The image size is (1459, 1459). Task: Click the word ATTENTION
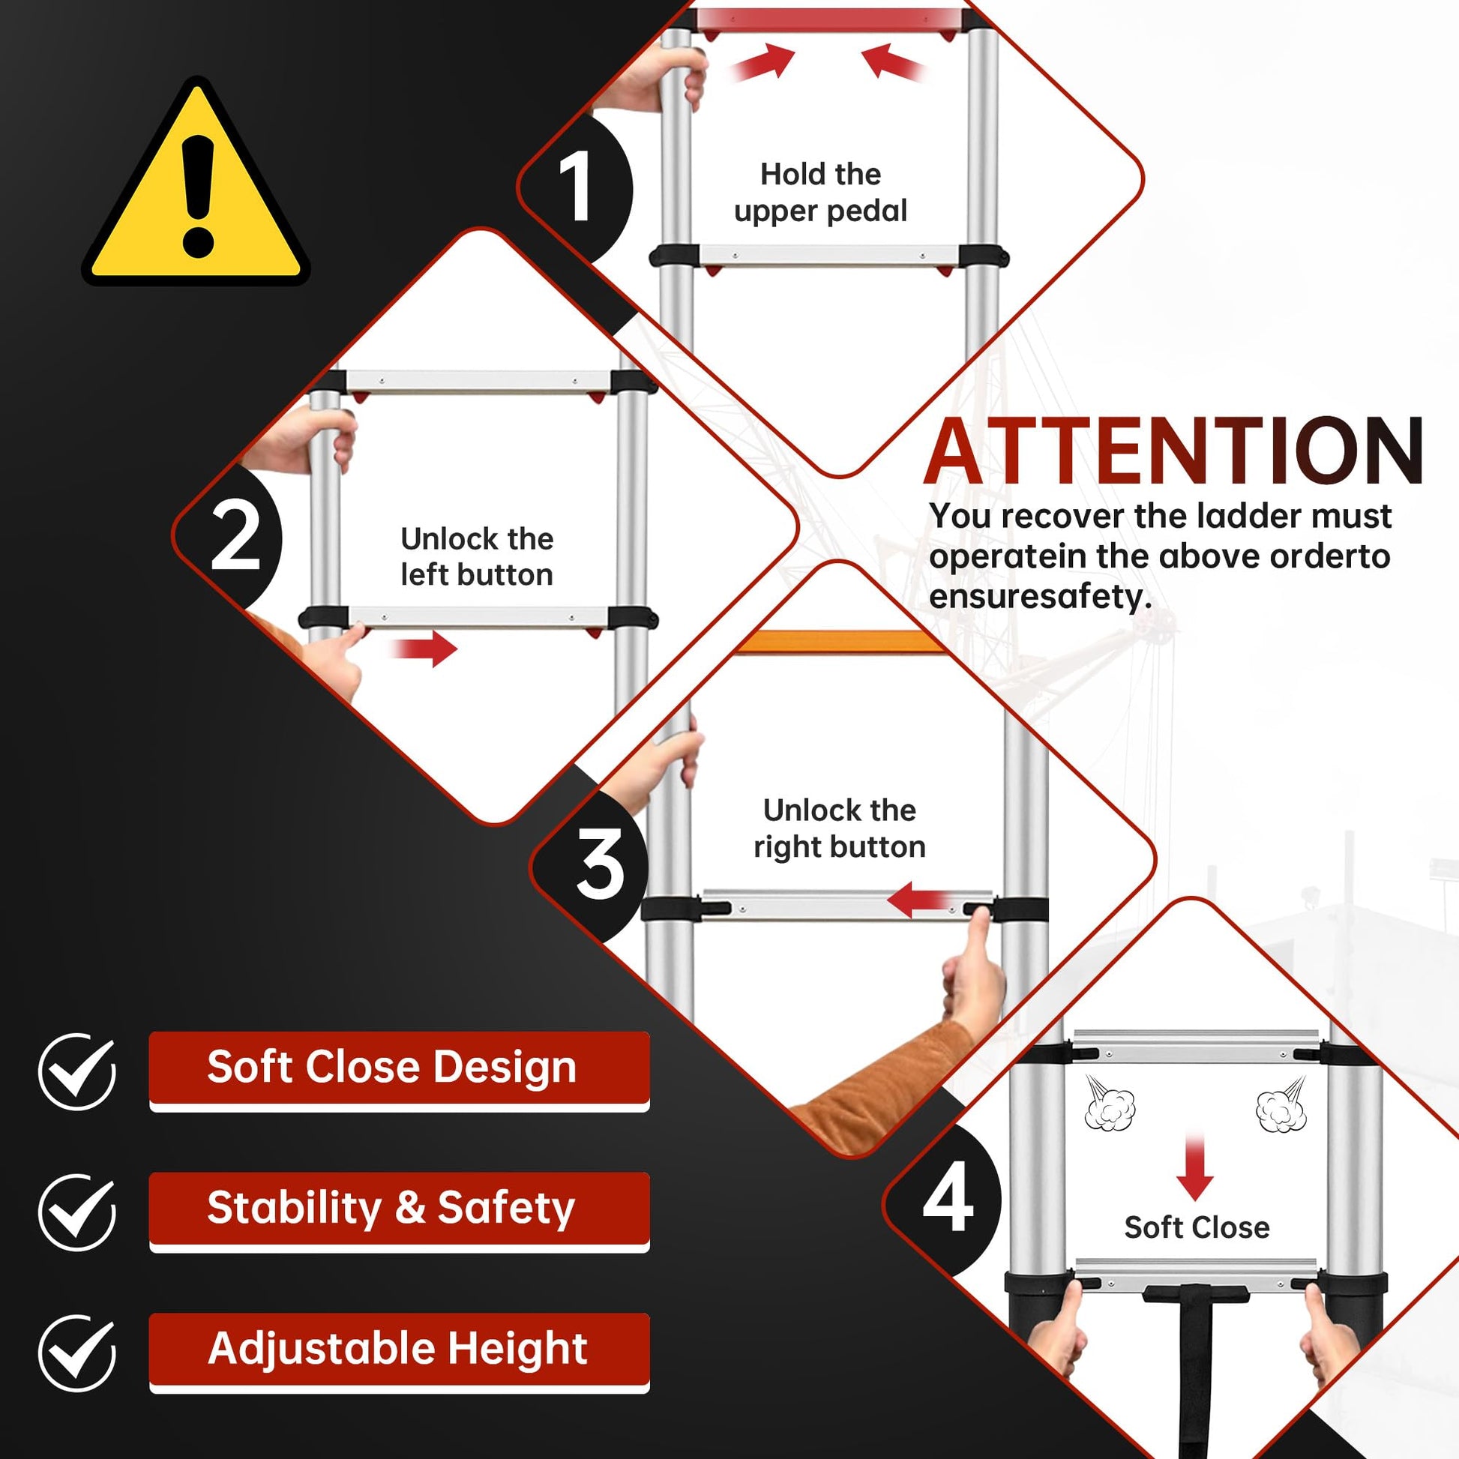pyautogui.click(x=1173, y=451)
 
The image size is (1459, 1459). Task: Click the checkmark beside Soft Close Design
pyautogui.click(x=77, y=1071)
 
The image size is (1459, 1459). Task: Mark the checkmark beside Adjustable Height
pyautogui.click(x=77, y=1353)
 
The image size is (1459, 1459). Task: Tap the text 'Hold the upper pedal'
pyautogui.click(x=821, y=193)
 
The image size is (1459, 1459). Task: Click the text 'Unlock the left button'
pyautogui.click(x=477, y=556)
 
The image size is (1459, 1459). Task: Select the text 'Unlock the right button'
pyautogui.click(x=840, y=828)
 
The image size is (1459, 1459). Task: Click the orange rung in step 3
pyautogui.click(x=838, y=642)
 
